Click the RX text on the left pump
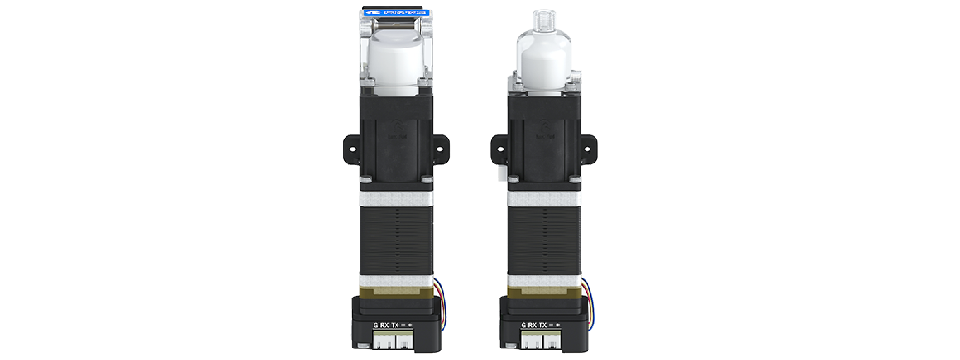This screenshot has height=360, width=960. click(386, 324)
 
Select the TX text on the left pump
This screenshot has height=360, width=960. click(403, 324)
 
